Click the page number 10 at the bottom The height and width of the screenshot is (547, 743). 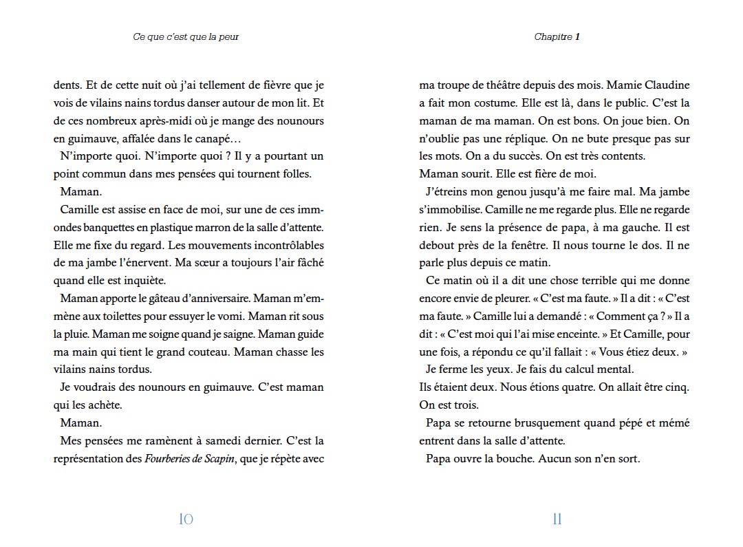186,519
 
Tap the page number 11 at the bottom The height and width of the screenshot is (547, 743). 557,519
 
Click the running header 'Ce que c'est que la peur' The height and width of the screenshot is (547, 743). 186,37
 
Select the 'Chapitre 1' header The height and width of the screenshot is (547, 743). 557,37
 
